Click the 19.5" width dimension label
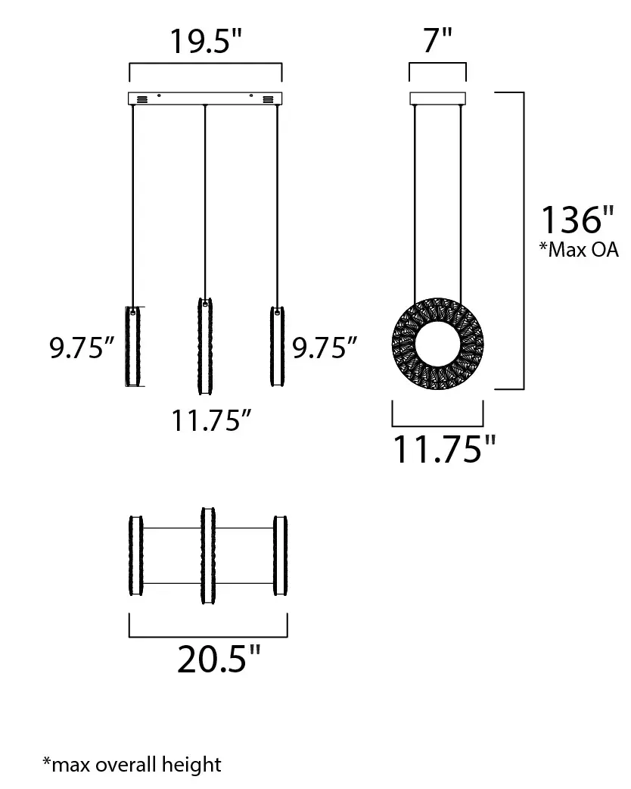tap(206, 41)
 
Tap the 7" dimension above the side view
tap(437, 39)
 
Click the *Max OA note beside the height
tap(579, 250)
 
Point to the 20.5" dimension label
tap(219, 659)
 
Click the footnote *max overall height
tap(132, 764)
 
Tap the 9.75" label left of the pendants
tap(82, 348)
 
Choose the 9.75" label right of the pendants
tap(325, 348)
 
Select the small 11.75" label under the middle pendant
tap(211, 420)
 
